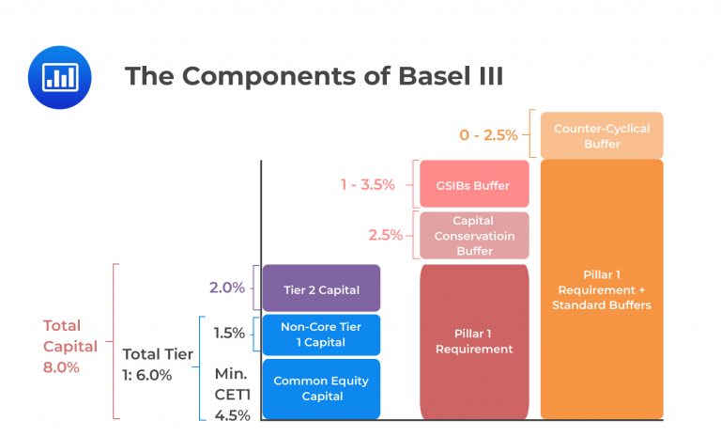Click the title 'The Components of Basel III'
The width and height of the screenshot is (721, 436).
[314, 76]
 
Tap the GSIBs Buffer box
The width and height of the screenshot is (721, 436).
[474, 185]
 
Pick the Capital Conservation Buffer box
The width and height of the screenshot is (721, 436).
[474, 236]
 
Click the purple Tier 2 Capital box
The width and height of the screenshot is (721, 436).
[321, 289]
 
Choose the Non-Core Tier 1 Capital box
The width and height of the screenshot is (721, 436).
[321, 335]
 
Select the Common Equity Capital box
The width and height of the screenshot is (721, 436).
[321, 389]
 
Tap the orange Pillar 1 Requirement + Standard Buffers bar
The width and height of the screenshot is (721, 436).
[601, 289]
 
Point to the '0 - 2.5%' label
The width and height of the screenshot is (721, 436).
[488, 134]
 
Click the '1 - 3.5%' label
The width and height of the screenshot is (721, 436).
[367, 185]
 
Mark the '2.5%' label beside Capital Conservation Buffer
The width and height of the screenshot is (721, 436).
[385, 235]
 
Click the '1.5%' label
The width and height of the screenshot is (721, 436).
[228, 333]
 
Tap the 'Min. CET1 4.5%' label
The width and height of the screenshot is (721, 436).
[233, 394]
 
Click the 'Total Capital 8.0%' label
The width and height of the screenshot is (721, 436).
[70, 347]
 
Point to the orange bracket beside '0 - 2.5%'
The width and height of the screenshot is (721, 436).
[531, 134]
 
